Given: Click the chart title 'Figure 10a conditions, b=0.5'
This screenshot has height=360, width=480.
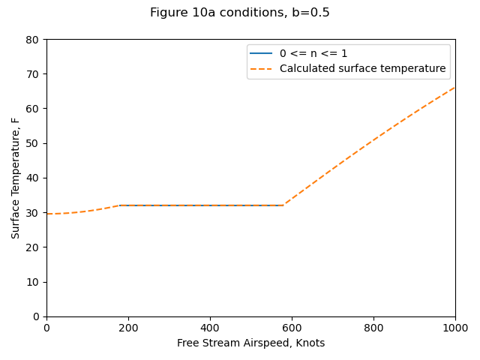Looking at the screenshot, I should click(x=240, y=13).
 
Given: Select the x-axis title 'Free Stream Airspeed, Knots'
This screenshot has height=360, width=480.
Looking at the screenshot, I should click(x=250, y=343).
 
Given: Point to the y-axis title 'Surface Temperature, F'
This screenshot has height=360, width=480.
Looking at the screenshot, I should click(x=16, y=178).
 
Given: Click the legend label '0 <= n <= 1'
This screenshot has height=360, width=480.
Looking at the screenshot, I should click(x=313, y=54).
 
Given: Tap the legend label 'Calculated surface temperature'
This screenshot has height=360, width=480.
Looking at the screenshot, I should click(x=362, y=69).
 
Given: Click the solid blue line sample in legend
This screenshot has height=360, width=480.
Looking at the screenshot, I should click(x=261, y=54).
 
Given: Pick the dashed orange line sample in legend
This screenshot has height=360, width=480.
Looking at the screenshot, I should click(x=261, y=69).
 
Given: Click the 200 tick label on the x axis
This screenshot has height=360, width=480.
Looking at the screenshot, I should click(x=128, y=328).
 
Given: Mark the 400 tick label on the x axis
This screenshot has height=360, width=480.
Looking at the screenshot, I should click(x=210, y=328).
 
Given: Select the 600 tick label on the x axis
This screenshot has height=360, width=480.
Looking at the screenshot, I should click(x=292, y=328).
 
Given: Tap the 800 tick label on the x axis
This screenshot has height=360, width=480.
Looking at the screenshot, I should click(x=373, y=328).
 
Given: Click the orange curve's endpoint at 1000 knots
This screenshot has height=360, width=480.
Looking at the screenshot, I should click(x=454, y=87).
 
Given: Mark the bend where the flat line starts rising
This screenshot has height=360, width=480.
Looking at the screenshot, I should click(x=283, y=205).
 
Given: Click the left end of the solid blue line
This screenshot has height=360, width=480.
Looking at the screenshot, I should click(x=119, y=205).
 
